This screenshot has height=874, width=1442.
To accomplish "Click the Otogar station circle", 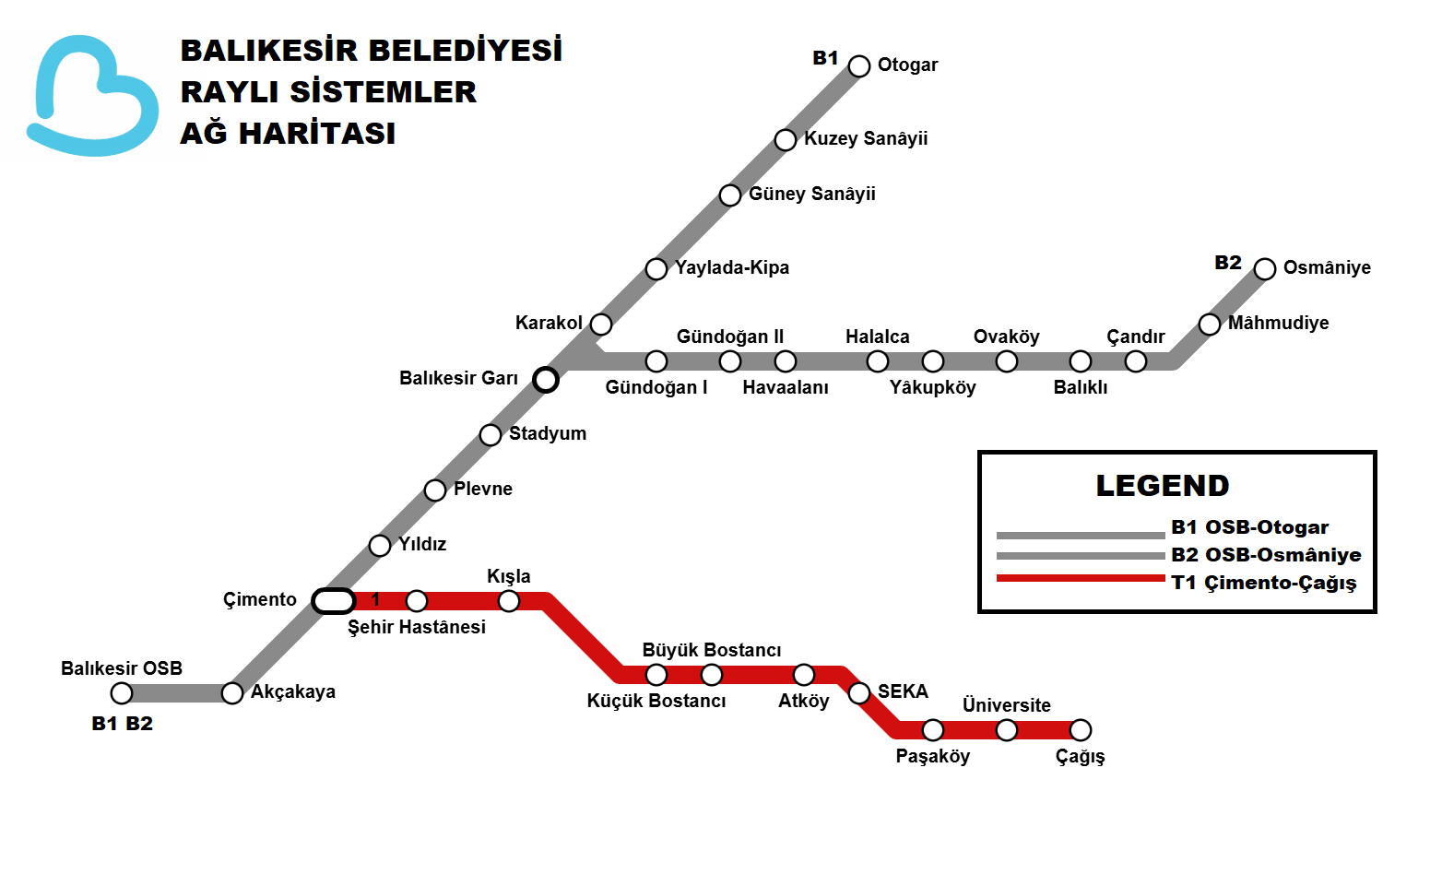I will (x=859, y=66).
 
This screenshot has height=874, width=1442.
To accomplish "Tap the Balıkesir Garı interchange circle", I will (x=546, y=379).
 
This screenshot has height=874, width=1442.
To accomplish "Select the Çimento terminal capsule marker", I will (x=334, y=601).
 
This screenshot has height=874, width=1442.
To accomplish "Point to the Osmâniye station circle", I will (x=1265, y=268).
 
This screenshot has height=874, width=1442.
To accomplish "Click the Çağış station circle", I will (x=1081, y=730).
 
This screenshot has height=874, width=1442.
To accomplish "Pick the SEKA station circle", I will (x=859, y=692).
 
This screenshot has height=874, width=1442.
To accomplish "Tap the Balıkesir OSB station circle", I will (x=122, y=693).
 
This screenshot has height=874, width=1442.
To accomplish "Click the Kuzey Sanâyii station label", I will (x=866, y=138).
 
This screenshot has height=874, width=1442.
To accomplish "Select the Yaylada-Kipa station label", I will (x=732, y=267).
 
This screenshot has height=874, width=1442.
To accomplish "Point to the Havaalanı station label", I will (x=786, y=387).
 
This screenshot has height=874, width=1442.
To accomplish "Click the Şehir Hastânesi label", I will (x=417, y=627).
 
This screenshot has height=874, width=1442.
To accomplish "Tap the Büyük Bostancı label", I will (x=712, y=650).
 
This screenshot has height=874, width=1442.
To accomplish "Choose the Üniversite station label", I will (x=1007, y=705).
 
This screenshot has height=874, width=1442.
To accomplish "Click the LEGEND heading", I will (x=1162, y=486).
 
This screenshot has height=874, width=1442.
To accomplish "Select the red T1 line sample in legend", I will (x=1081, y=578).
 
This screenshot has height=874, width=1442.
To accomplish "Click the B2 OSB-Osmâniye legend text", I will (x=1266, y=555).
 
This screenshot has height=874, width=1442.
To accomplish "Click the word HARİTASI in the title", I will (x=317, y=134).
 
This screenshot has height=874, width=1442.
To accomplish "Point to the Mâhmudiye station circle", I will (x=1210, y=324).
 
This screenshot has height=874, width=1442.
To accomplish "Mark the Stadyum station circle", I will (x=491, y=434).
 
